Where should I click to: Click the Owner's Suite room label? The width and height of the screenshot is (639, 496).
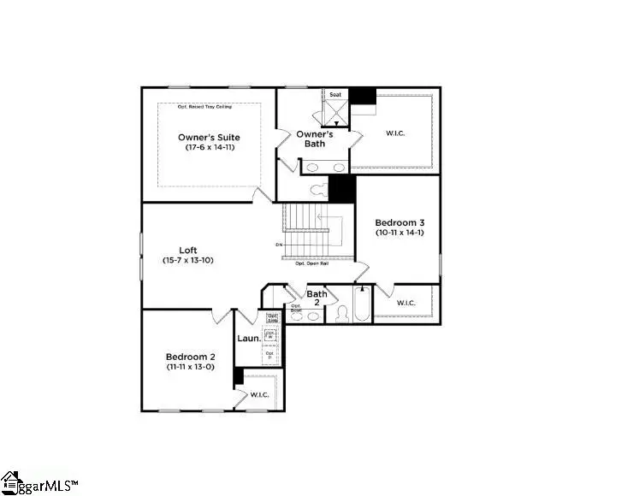click(209, 137)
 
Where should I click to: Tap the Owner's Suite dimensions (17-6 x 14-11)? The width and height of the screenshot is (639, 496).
click(210, 147)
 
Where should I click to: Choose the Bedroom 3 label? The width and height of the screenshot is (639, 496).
click(399, 222)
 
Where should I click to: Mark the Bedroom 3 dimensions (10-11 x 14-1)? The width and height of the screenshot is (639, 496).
click(399, 233)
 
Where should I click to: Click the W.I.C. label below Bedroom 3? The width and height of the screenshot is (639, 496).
click(406, 303)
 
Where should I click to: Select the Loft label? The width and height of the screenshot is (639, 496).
click(189, 250)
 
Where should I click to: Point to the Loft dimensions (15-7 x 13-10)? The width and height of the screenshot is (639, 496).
click(188, 260)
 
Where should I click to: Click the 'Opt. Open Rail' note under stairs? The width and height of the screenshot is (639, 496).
click(312, 263)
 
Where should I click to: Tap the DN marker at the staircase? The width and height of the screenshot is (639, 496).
click(279, 245)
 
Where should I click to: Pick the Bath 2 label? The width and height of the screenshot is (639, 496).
click(317, 298)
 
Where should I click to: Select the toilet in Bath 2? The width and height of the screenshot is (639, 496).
click(338, 314)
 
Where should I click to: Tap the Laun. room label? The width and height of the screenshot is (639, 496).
click(248, 338)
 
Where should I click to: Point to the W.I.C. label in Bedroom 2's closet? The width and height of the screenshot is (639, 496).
click(259, 394)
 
